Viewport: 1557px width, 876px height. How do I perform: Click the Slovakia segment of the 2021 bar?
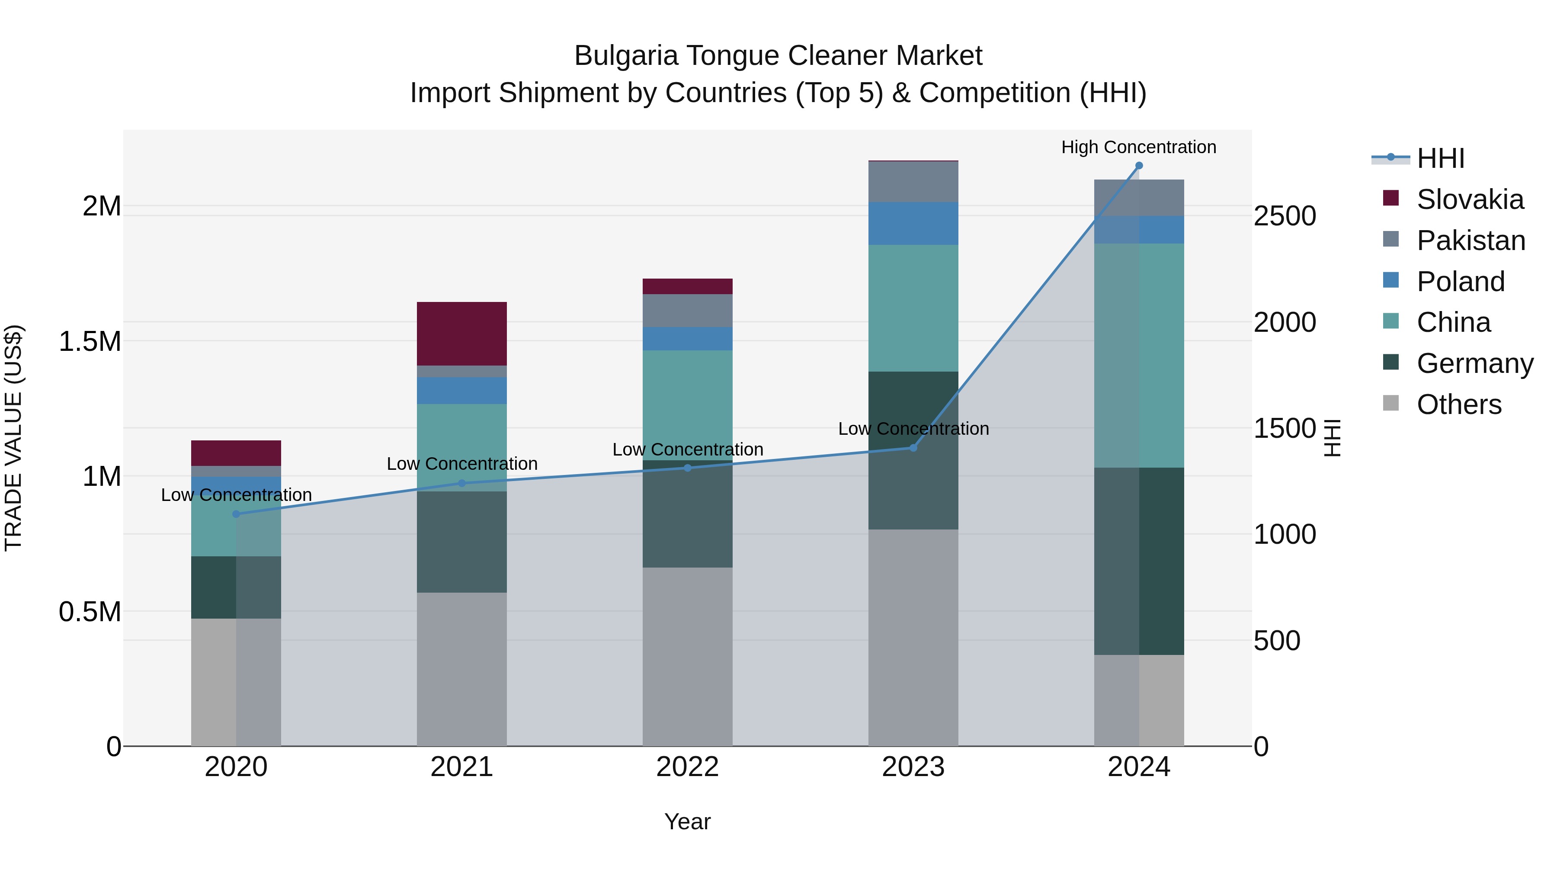click(x=462, y=333)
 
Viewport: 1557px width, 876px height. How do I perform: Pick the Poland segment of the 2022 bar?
click(x=687, y=339)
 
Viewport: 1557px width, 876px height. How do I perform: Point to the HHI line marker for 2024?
click(x=1139, y=165)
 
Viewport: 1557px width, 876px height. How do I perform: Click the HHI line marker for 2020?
click(x=236, y=514)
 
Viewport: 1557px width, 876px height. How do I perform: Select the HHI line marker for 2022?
click(x=687, y=467)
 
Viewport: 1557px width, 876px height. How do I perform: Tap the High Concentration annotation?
click(x=1138, y=147)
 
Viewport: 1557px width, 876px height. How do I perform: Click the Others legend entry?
click(x=1458, y=404)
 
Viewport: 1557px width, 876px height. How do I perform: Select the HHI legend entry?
click(x=1440, y=158)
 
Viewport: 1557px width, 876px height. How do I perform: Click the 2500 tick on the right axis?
click(x=1285, y=216)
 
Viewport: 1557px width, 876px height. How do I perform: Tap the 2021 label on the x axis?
click(x=462, y=767)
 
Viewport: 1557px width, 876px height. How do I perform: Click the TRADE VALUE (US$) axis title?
click(x=13, y=438)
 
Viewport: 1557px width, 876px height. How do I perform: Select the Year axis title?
click(x=687, y=821)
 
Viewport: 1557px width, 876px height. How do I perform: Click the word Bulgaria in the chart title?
click(x=625, y=56)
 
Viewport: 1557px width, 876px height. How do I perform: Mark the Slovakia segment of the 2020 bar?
click(x=236, y=453)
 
